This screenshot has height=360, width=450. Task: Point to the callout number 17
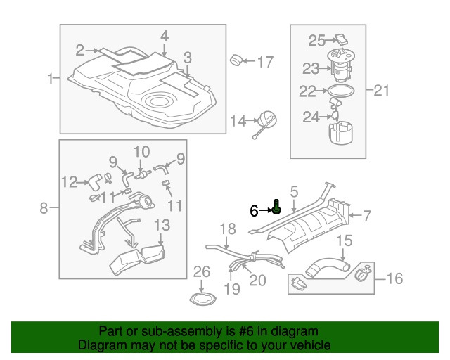point(264,62)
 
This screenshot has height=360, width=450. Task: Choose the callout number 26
point(202,271)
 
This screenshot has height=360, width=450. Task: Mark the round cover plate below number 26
point(202,297)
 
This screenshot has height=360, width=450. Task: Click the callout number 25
point(316,41)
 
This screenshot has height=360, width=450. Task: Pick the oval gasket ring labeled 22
point(341,91)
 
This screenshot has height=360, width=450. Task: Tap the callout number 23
point(311,68)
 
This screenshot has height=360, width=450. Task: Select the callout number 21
point(380,89)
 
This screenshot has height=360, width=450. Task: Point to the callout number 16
point(394,279)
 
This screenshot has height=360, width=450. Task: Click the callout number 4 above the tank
point(164,35)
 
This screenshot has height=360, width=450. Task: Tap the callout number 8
point(44,207)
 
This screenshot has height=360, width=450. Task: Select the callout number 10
point(141,151)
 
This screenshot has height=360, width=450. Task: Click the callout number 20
point(257,280)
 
